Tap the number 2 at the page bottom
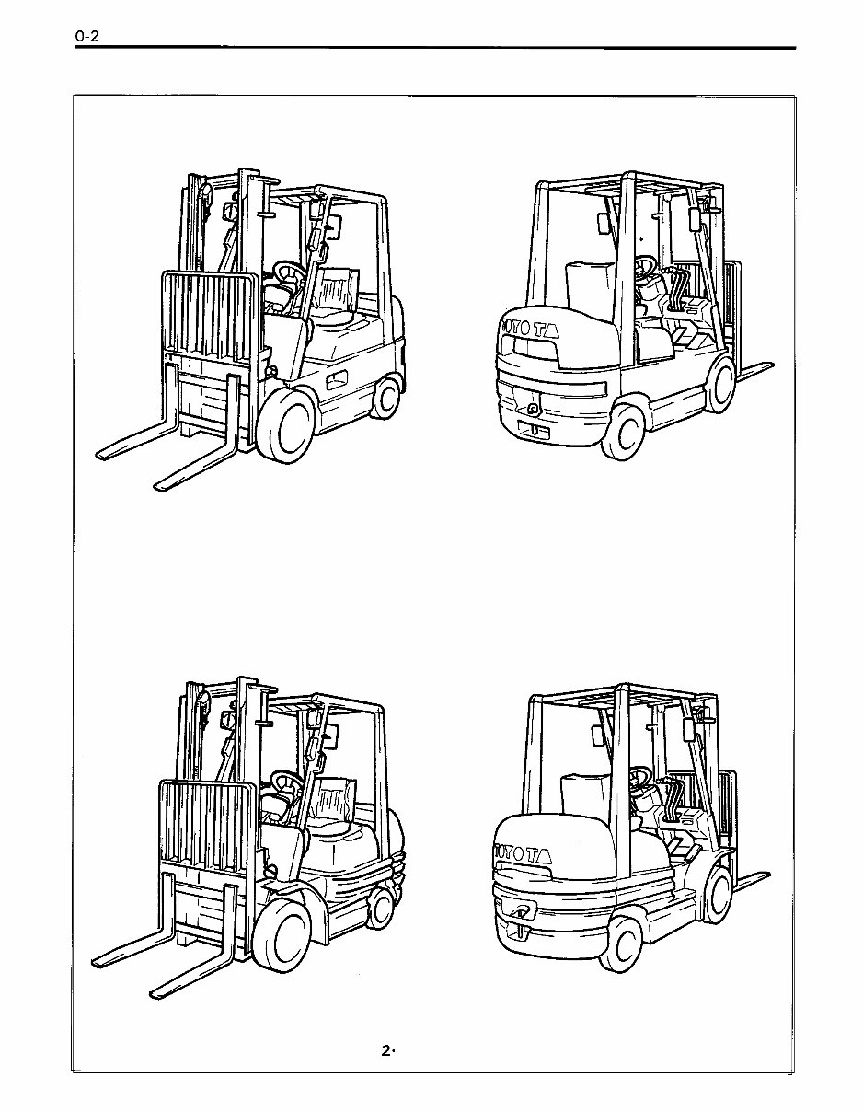pos(386,1051)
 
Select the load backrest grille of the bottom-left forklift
pos(202,824)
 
